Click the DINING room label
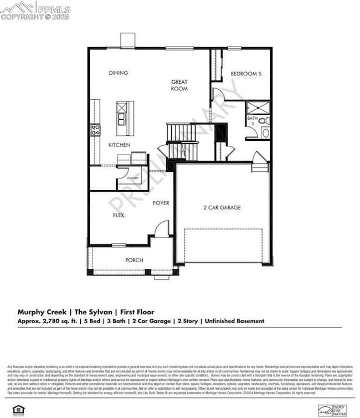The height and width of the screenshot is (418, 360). pyautogui.click(x=118, y=73)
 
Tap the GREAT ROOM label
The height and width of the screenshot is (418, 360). pyautogui.click(x=179, y=85)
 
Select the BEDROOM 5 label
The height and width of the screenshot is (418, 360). pyautogui.click(x=246, y=73)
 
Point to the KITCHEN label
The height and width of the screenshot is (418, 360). pyautogui.click(x=119, y=145)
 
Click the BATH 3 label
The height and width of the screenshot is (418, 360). pyautogui.click(x=252, y=121)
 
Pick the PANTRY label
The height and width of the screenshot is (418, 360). pyautogui.click(x=133, y=178)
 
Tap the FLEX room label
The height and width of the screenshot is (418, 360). pyautogui.click(x=119, y=215)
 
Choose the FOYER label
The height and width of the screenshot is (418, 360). pyautogui.click(x=161, y=203)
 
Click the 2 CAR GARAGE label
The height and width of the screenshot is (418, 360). pyautogui.click(x=222, y=207)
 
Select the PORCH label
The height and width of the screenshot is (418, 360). pyautogui.click(x=134, y=260)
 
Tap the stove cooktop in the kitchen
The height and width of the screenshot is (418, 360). pyautogui.click(x=95, y=130)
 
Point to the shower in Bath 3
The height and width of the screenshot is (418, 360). pyautogui.click(x=258, y=108)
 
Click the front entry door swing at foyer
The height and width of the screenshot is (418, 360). pyautogui.click(x=162, y=229)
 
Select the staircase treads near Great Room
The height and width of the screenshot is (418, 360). pyautogui.click(x=181, y=132)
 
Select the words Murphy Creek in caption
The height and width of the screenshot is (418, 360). pyautogui.click(x=42, y=312)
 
